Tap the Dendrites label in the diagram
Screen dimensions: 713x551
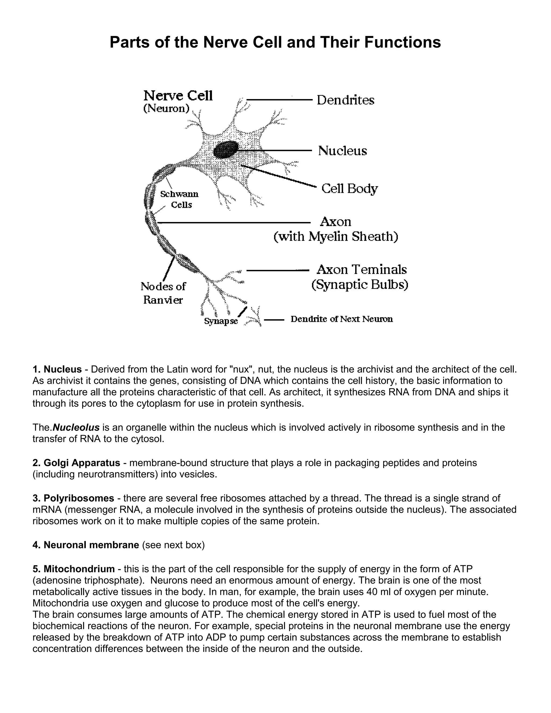pos(345,100)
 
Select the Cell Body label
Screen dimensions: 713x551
pos(349,188)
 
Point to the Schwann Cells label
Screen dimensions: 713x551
pos(179,199)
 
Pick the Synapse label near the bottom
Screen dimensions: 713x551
pos(221,321)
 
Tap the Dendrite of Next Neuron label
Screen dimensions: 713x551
pos(341,319)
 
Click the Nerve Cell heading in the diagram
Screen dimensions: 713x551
pos(178,96)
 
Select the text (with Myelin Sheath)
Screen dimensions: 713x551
pos(335,236)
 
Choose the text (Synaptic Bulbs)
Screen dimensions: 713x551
pos(360,285)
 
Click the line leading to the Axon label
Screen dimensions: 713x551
pos(233,223)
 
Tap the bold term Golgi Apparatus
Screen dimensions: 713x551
pos(82,463)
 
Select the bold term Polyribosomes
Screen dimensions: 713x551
pos(79,498)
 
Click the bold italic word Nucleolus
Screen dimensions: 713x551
pos(76,427)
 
